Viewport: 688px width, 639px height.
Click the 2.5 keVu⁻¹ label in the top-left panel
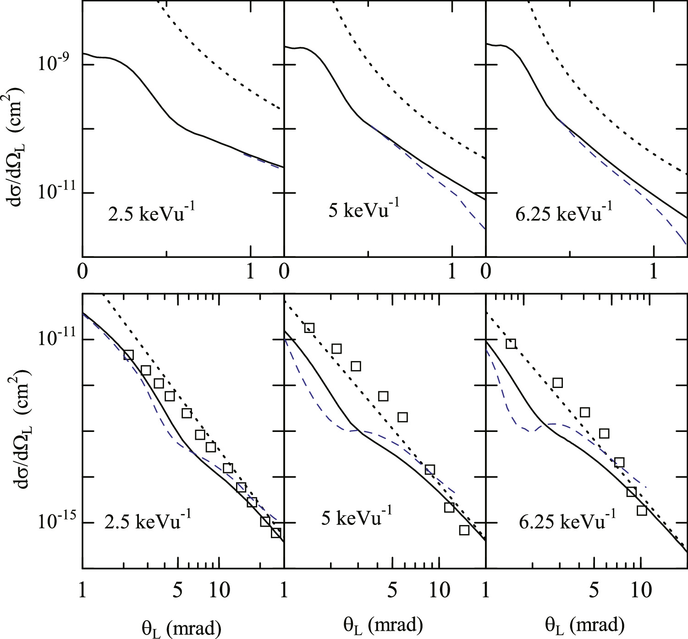click(148, 213)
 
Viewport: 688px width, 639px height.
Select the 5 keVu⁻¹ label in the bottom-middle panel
click(356, 518)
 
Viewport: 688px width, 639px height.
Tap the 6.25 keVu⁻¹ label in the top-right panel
click(563, 213)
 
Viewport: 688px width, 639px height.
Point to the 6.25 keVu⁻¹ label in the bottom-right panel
click(567, 520)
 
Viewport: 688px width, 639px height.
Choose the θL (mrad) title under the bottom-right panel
click(584, 624)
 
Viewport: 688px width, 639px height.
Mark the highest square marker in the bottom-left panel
click(128, 355)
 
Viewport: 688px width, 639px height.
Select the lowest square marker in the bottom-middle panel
click(464, 530)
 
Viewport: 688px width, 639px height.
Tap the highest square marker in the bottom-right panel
click(511, 344)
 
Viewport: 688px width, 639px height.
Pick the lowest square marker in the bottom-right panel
click(642, 510)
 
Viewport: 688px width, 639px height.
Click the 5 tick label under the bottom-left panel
click(178, 589)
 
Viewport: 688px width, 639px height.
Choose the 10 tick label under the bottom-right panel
click(641, 589)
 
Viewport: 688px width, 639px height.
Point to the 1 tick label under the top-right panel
click(654, 272)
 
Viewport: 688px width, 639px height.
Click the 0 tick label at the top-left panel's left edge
click(83, 272)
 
